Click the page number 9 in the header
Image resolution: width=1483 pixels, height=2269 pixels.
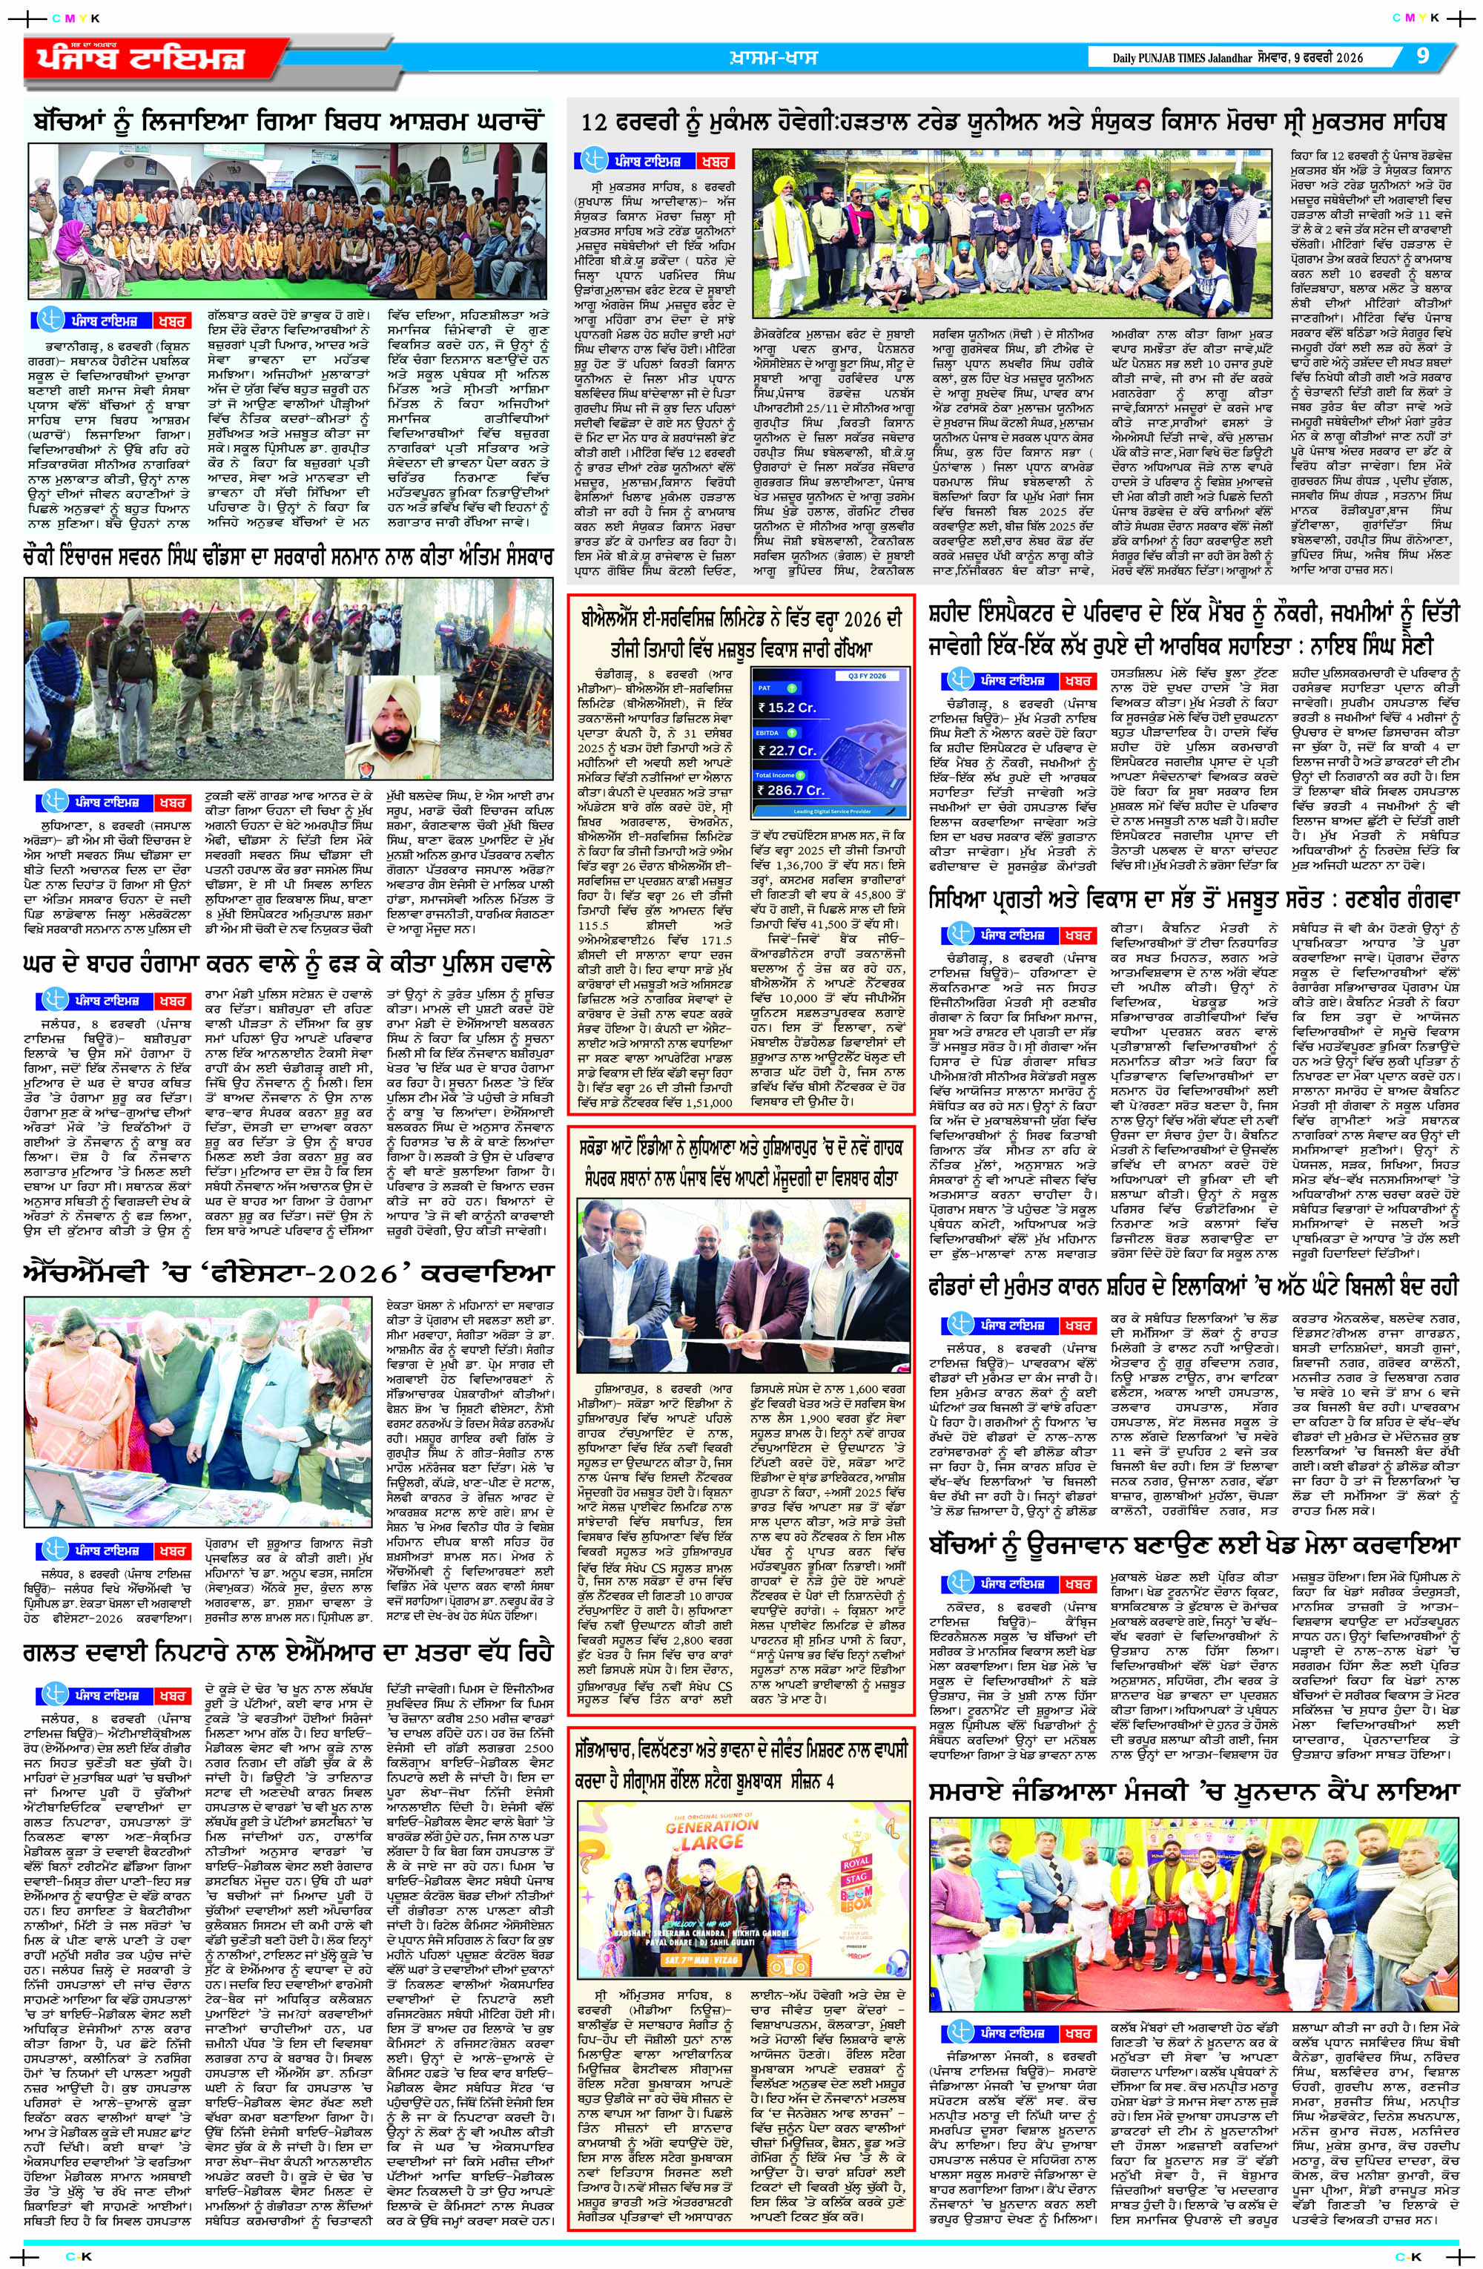1423,56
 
